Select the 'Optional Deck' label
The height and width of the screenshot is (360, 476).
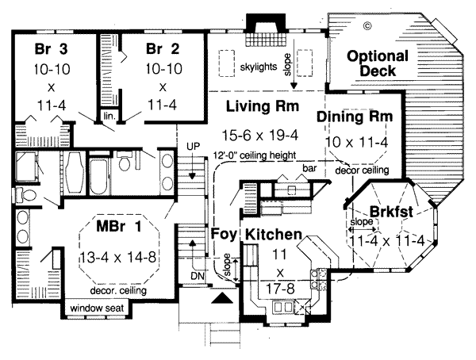[378, 64]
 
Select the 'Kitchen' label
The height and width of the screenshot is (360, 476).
[272, 235]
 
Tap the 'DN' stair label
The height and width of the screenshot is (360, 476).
[197, 276]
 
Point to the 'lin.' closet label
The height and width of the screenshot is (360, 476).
[109, 115]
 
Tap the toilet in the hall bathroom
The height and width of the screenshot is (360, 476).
[125, 164]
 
